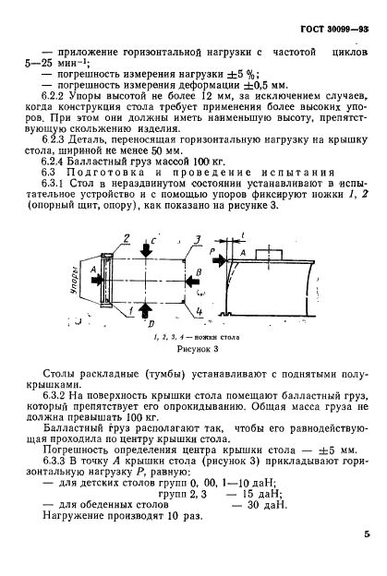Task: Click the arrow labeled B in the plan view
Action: tap(191, 274)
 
